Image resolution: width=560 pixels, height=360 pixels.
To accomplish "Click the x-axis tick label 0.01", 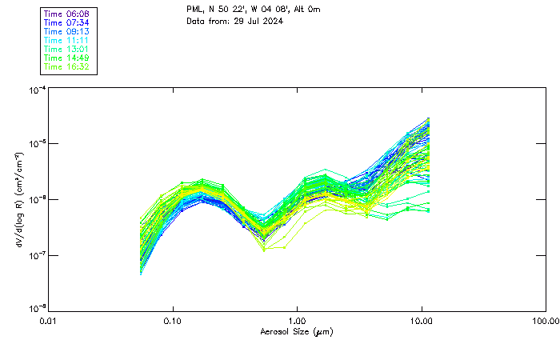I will tap(49, 321).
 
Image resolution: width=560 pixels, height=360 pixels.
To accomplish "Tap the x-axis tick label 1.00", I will tap(298, 321).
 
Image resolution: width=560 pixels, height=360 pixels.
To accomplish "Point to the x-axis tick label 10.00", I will tap(422, 321).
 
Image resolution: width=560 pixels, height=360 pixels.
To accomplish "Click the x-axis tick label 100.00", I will tap(546, 321).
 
